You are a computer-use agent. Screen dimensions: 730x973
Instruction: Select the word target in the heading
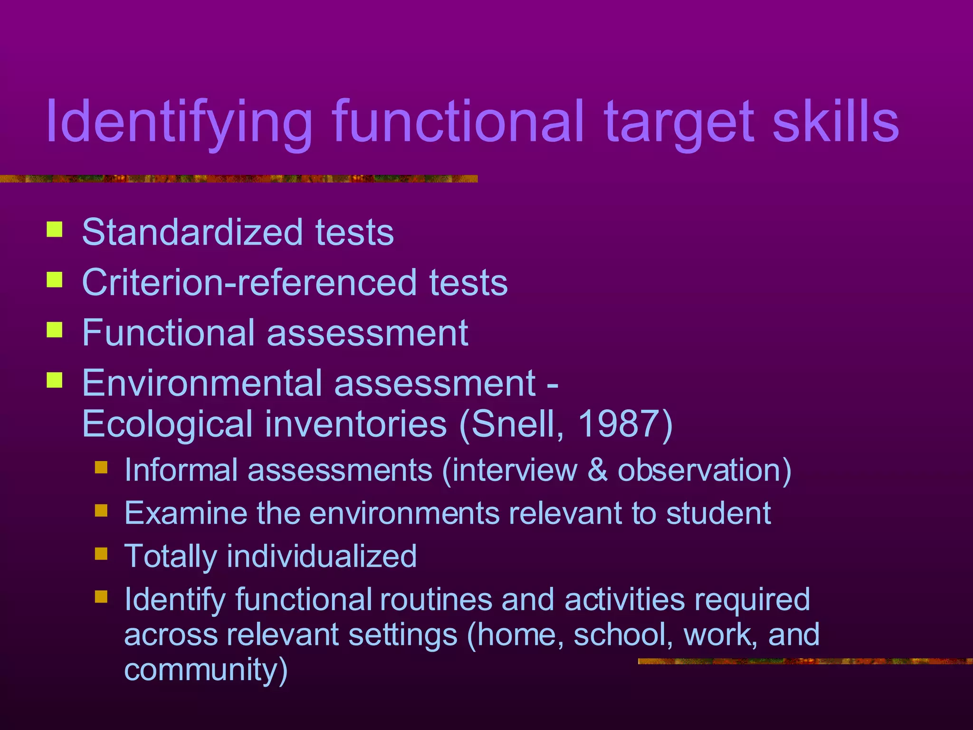(679, 123)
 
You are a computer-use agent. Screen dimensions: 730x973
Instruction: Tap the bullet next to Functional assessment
(55, 329)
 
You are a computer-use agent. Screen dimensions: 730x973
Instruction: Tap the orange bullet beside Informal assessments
(101, 468)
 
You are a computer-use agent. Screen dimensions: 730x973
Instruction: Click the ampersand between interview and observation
(597, 470)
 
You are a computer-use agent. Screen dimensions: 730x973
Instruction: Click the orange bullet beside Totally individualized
(101, 554)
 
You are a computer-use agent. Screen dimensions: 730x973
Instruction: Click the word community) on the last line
(206, 670)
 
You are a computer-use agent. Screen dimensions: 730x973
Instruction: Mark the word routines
(436, 599)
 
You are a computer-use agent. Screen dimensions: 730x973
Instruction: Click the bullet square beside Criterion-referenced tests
(55, 279)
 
